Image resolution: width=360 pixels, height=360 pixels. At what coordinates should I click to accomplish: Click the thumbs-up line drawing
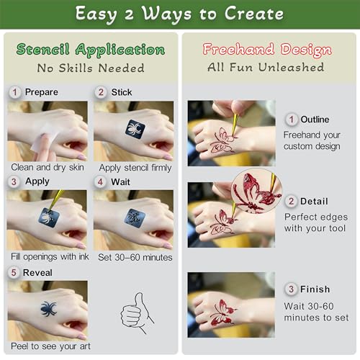pos(137,312)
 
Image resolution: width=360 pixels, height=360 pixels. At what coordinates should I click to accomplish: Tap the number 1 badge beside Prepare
pos(15,92)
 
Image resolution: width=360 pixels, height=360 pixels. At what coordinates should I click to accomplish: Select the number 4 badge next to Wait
pos(100,181)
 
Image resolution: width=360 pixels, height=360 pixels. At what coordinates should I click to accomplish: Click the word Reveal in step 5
pos(37,273)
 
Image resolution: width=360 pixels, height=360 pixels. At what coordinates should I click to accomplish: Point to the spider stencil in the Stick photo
pos(135,129)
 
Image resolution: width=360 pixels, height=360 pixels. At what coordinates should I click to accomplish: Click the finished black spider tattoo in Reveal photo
pos(49,309)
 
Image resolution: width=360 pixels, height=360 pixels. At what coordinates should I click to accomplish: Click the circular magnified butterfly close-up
pos(256,191)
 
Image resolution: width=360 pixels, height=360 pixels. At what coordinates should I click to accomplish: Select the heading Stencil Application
pos(91,50)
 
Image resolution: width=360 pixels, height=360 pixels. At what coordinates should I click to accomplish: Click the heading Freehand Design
pos(267,50)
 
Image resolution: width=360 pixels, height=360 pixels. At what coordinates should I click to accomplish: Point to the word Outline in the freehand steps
pos(315,120)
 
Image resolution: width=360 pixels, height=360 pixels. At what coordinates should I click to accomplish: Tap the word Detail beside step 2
pos(314,202)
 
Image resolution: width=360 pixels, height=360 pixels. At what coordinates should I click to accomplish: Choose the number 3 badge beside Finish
pos(291,289)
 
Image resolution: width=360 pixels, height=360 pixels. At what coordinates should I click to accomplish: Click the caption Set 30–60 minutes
pos(135,258)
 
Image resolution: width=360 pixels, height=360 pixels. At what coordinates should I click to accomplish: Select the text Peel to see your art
pos(50,346)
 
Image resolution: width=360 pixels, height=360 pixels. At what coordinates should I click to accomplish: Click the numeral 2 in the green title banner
pos(129,14)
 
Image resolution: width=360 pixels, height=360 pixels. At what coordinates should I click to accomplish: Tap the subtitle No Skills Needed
pos(91,68)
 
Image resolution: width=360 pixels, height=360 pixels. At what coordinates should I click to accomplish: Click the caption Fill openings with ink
pos(50,257)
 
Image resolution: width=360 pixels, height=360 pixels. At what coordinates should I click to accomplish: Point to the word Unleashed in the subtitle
pos(291,67)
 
